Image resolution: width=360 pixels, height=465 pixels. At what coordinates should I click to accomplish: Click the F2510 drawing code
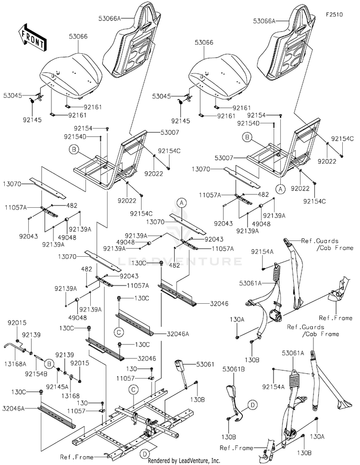[334, 14]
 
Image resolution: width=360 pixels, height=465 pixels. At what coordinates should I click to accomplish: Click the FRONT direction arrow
[32, 37]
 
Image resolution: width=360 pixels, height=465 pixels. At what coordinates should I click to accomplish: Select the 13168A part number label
[15, 364]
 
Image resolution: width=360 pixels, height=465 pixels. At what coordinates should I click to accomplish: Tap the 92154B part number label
[36, 374]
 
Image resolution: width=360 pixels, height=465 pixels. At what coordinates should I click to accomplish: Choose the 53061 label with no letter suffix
[205, 364]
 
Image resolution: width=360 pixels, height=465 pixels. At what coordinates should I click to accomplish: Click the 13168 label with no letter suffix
[71, 396]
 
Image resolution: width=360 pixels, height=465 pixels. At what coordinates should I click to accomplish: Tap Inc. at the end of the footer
[216, 460]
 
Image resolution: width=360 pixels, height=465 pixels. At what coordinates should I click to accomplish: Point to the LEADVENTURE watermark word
[180, 261]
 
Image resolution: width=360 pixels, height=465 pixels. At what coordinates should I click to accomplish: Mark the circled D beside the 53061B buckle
[252, 405]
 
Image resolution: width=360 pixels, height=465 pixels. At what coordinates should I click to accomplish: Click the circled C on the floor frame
[133, 389]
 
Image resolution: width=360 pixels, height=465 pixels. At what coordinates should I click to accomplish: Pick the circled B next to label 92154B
[49, 363]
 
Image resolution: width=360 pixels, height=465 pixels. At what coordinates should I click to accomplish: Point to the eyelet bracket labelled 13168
[72, 378]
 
